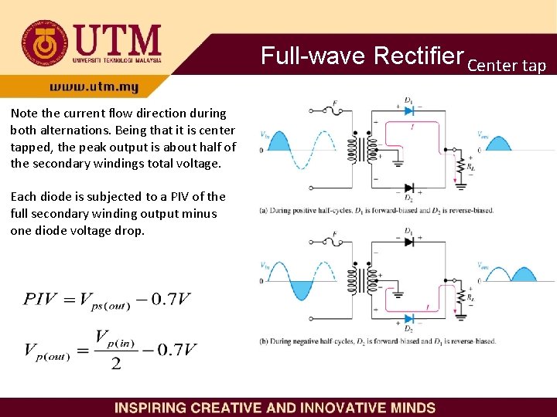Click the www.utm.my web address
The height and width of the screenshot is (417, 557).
pyautogui.click(x=94, y=87)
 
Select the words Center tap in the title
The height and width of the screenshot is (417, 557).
pyautogui.click(x=507, y=65)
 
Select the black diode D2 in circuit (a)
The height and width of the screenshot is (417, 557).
pyautogui.click(x=408, y=188)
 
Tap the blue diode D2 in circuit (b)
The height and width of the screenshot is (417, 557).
pyautogui.click(x=408, y=318)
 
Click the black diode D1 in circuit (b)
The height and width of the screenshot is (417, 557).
pyautogui.click(x=408, y=241)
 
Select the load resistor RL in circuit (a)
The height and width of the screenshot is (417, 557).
pyautogui.click(x=462, y=165)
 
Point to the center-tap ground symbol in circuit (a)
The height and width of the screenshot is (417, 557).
pyautogui.click(x=398, y=163)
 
